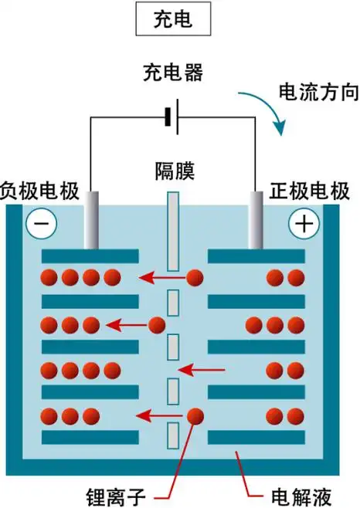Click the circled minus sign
[x=40, y=224]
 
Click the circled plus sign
[x=303, y=224]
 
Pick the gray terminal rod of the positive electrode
[x=256, y=221]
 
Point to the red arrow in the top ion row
[x=161, y=276]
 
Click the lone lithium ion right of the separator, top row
[x=195, y=276]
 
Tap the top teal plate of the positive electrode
[x=258, y=255]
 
